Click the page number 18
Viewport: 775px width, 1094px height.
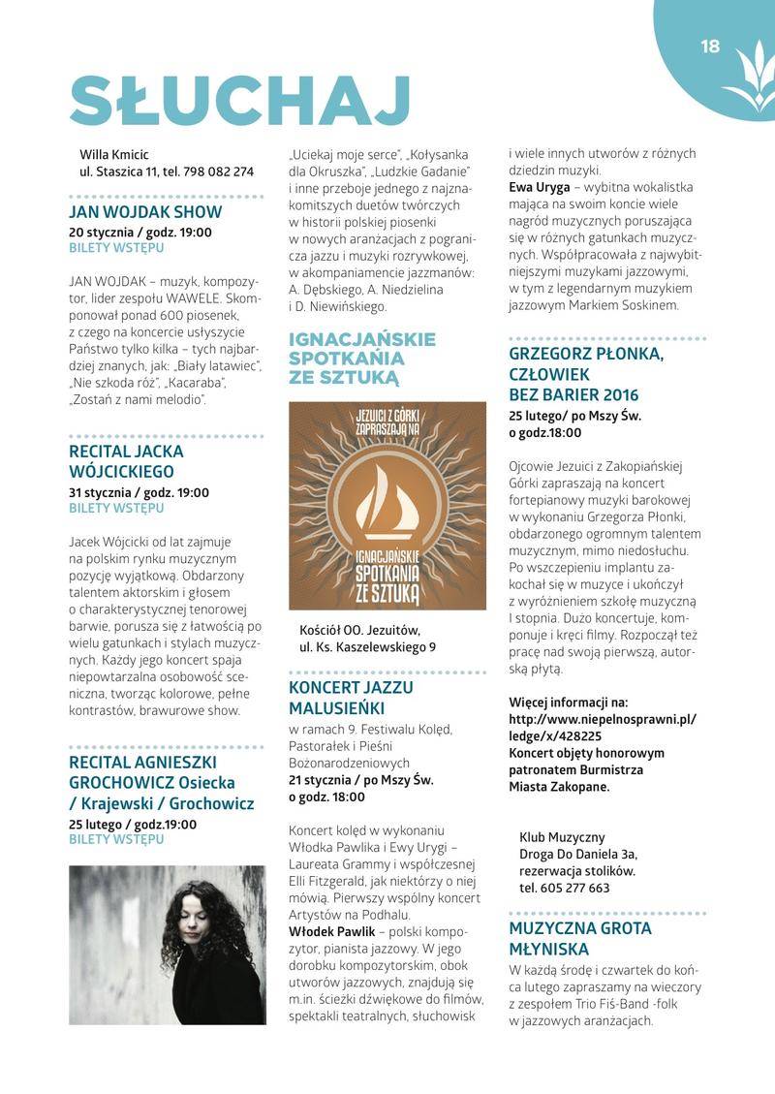coord(710,46)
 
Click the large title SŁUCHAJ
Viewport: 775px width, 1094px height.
coord(240,101)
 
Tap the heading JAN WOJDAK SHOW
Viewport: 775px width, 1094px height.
coord(145,212)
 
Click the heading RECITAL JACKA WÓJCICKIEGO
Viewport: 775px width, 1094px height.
coord(126,462)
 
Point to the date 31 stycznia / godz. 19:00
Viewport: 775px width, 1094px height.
coord(139,492)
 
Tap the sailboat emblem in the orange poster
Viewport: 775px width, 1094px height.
coord(387,500)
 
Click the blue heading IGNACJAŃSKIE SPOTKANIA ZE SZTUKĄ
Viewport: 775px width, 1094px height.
coord(362,359)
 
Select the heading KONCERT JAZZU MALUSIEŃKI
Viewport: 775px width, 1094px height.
coord(351,698)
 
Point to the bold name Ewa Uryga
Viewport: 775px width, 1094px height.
coord(540,187)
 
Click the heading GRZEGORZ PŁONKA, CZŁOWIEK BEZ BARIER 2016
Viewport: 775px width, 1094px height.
coord(587,374)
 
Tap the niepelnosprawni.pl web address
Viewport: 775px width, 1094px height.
coord(602,727)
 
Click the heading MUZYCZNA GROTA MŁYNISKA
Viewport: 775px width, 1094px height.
coord(580,939)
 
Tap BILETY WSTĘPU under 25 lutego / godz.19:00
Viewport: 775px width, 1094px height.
coord(116,840)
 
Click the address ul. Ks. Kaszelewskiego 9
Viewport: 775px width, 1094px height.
coord(367,646)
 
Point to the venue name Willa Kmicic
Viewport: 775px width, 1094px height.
coord(114,154)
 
